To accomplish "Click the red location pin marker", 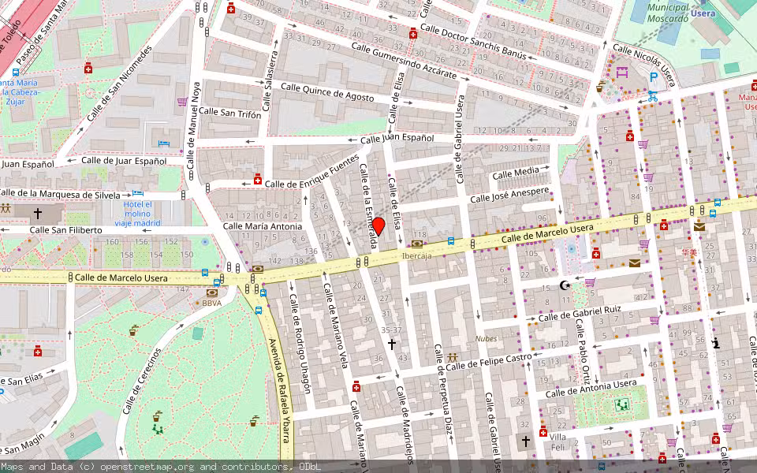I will coord(378,226).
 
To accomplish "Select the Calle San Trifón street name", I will coord(229,112).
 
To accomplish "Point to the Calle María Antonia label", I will coord(263,226).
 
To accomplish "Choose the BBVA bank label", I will coord(211,303).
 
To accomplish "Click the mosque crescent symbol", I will coord(564,285).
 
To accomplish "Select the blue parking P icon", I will coord(653,77).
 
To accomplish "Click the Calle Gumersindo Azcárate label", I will coord(404,61).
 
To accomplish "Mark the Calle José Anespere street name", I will coord(509,195).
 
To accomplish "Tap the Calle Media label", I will coord(516,173).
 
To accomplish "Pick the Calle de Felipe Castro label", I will coord(489,361).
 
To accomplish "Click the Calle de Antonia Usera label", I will coord(591,388).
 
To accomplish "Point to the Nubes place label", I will coord(486,339).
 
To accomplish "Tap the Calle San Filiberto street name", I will coord(65,230).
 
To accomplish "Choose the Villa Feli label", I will coord(558,442).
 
